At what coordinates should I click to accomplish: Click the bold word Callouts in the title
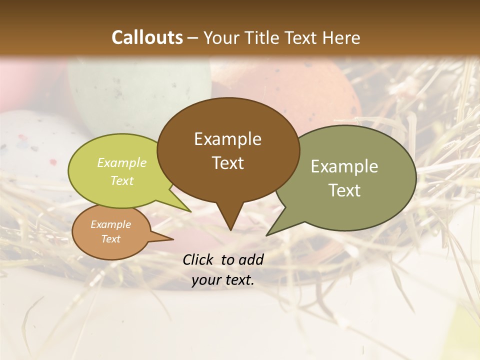[x=147, y=37]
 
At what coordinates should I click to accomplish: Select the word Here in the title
[x=341, y=37]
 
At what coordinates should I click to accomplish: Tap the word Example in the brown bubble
[x=227, y=139]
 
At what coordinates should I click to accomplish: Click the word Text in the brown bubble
[x=227, y=163]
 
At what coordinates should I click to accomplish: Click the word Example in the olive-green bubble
[x=344, y=166]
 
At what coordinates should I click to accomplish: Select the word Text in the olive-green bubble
[x=344, y=190]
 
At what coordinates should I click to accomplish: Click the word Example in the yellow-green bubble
[x=121, y=162]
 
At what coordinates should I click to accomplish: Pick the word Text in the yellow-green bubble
[x=121, y=180]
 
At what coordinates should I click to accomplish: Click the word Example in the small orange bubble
[x=110, y=224]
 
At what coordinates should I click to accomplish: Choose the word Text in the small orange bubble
[x=110, y=239]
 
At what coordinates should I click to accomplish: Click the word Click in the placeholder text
[x=199, y=259]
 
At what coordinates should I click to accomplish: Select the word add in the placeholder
[x=251, y=259]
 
